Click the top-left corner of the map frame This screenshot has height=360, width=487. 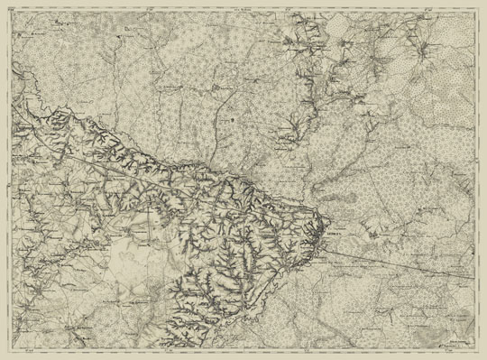point(12,9)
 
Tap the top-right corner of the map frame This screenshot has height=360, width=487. point(476,9)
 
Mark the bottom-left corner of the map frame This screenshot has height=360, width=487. point(12,351)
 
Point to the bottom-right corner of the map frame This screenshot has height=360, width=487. point(476,351)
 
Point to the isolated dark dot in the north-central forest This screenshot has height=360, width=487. point(232,118)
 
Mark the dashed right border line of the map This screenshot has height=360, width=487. point(476,180)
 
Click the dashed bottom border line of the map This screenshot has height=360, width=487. point(243,351)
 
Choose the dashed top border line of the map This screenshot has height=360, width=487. point(243,9)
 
